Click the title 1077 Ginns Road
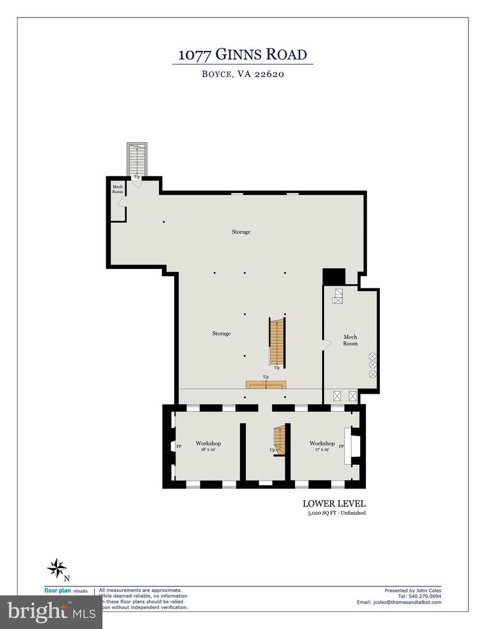click(242, 55)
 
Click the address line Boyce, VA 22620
click(242, 74)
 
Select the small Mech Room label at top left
click(117, 189)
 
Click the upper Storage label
click(241, 232)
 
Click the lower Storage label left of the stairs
click(221, 334)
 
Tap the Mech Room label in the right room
click(350, 340)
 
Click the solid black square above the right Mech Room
click(334, 277)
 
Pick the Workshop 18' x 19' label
click(208, 446)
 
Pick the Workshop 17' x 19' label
click(322, 446)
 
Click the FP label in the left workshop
click(179, 447)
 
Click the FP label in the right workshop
click(341, 447)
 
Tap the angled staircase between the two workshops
click(280, 440)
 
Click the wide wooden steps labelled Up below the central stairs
click(266, 385)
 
